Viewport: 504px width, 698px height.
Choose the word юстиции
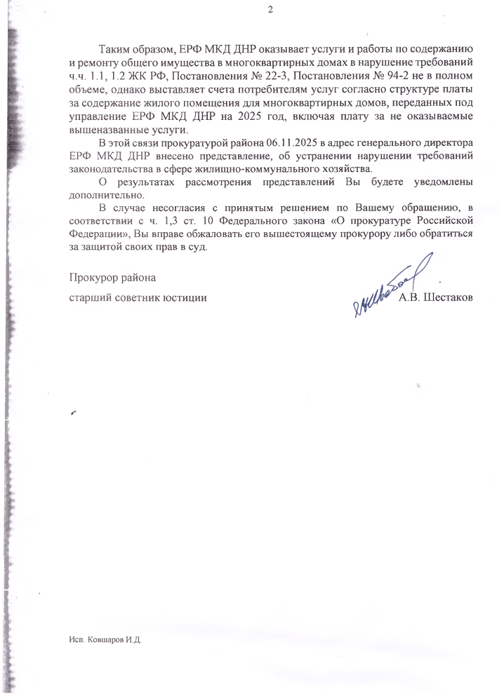pyautogui.click(x=187, y=297)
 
